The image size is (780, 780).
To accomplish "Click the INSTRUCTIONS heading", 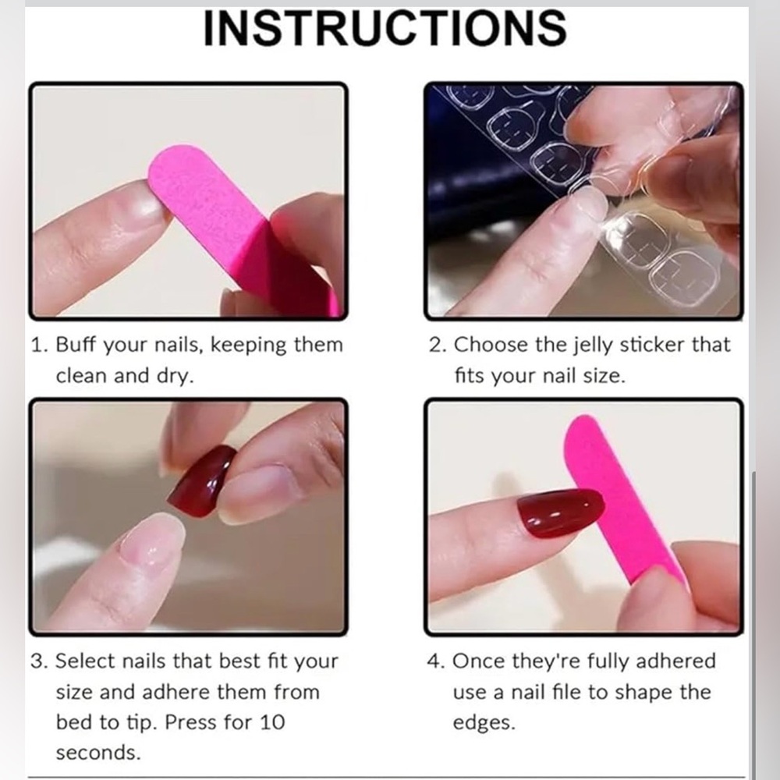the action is pos(385,28).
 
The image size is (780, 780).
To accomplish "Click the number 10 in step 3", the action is pos(272,722).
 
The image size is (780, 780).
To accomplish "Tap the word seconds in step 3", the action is pos(98,753).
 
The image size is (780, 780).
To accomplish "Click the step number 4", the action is pos(434,661).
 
